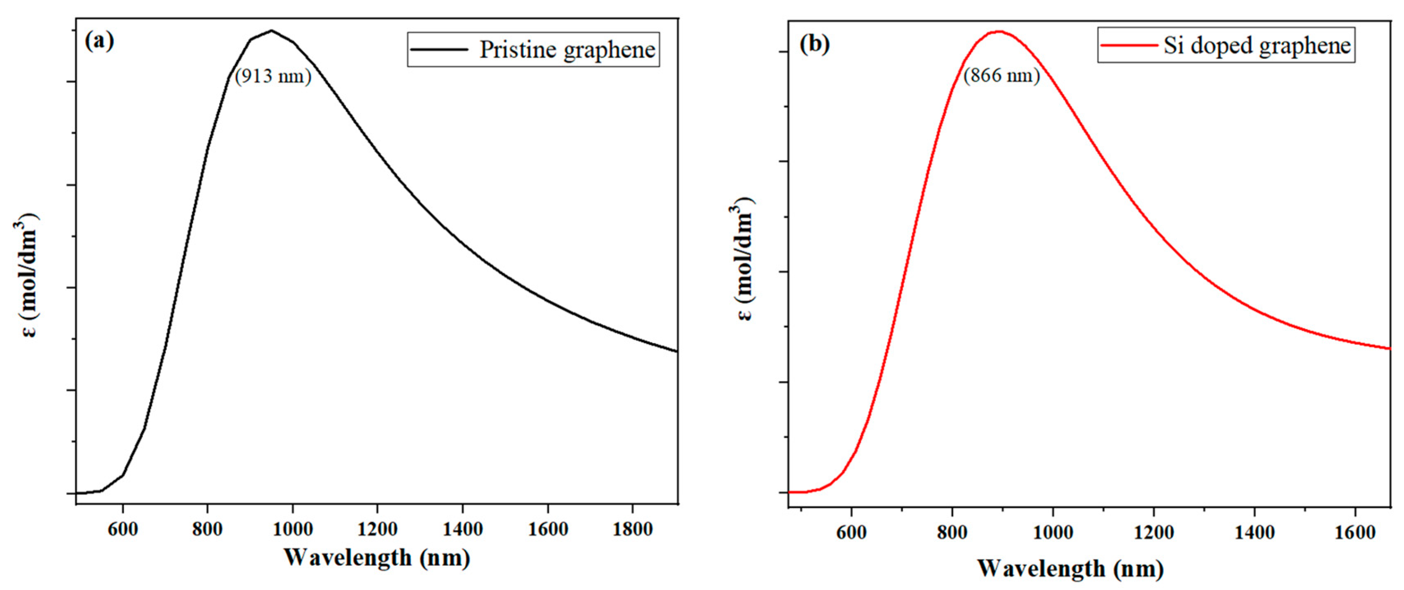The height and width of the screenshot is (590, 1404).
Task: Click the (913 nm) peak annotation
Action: point(273,77)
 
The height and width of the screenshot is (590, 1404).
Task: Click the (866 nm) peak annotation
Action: point(1002,75)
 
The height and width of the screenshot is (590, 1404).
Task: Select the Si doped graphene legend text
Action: point(1257,45)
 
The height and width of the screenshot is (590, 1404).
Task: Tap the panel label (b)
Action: point(814,44)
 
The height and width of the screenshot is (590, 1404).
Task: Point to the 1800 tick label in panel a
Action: point(632,529)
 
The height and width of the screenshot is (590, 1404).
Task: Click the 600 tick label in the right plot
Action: point(851,533)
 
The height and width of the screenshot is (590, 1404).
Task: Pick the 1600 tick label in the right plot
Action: point(1355,533)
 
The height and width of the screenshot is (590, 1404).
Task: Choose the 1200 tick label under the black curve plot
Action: point(377,529)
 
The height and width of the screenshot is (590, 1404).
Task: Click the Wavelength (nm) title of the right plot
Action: point(1070,569)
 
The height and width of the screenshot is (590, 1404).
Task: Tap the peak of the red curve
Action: point(999,32)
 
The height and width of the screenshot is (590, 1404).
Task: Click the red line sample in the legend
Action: point(1128,45)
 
